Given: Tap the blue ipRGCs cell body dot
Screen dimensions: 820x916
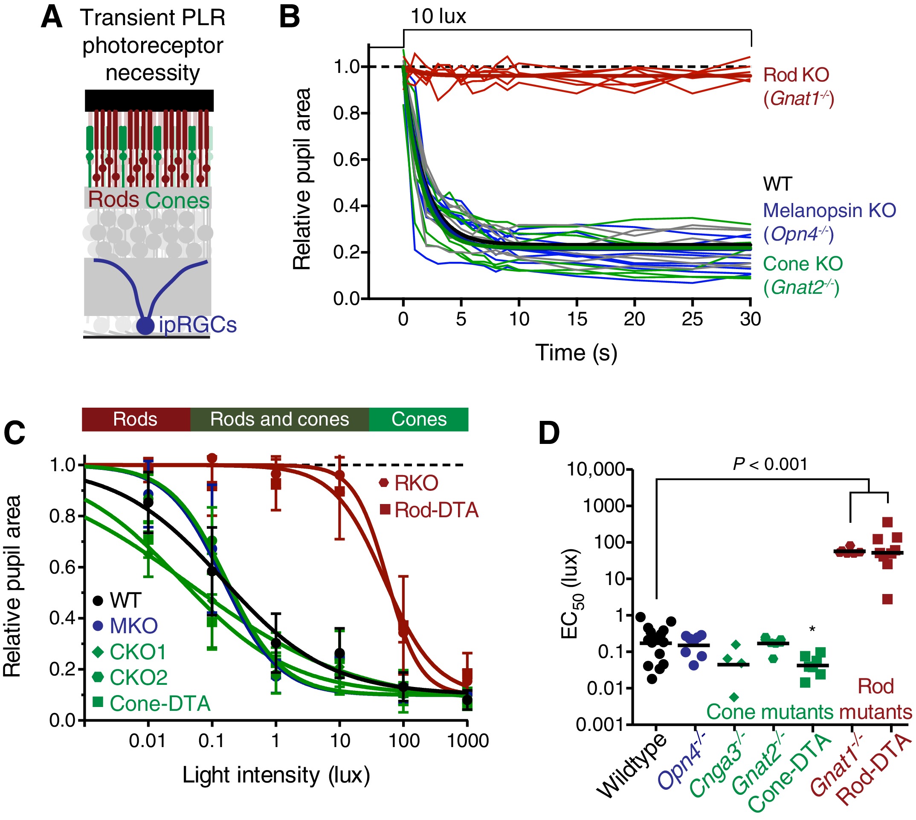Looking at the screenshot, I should pyautogui.click(x=145, y=325).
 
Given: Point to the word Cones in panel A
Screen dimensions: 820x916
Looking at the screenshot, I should pyautogui.click(x=177, y=200).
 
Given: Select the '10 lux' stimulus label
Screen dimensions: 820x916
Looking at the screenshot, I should pyautogui.click(x=438, y=17).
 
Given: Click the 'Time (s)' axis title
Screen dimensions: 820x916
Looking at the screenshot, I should pyautogui.click(x=576, y=352).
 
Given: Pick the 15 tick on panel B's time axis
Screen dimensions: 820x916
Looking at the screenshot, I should pyautogui.click(x=577, y=319).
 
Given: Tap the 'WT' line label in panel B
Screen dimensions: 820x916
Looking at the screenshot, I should pyautogui.click(x=777, y=184).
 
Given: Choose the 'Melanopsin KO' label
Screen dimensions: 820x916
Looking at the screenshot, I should pyautogui.click(x=829, y=210).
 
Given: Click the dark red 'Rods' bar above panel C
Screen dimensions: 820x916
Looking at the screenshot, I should pyautogui.click(x=135, y=419).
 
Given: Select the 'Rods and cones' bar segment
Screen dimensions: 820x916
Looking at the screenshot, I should pyautogui.click(x=279, y=419).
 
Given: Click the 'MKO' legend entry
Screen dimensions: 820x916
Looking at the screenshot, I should pyautogui.click(x=126, y=626).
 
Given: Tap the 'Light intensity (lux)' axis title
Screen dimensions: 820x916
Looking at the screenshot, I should pyautogui.click(x=276, y=775).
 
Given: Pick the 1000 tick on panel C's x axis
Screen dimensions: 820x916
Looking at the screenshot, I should pyautogui.click(x=468, y=741).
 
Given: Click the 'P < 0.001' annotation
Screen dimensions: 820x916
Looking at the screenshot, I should pyautogui.click(x=771, y=464).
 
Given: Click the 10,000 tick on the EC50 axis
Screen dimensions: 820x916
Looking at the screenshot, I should pyautogui.click(x=596, y=469).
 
